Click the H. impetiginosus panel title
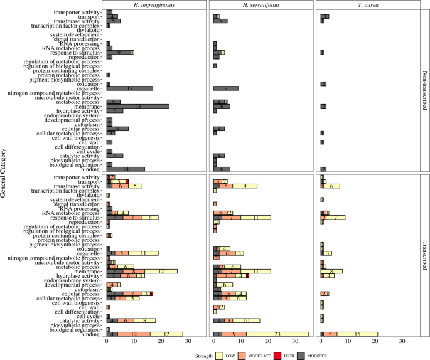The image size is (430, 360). point(156,5)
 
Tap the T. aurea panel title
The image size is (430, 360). point(369,5)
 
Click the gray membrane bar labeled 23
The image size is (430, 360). point(137,107)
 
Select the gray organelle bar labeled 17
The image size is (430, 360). point(129,88)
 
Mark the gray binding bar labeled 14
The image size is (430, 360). point(125,169)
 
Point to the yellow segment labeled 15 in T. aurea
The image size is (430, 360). point(357,334)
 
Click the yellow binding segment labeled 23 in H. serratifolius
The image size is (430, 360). point(277,334)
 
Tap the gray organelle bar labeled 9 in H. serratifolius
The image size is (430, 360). point(225,88)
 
